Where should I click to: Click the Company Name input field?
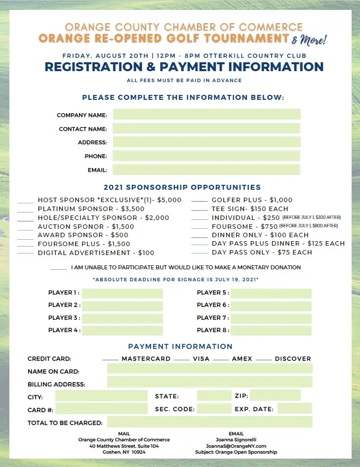[x=206, y=115]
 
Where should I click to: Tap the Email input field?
[x=206, y=170]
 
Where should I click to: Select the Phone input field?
[x=206, y=156]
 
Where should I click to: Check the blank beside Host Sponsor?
[x=25, y=202]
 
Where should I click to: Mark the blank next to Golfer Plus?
[x=199, y=202]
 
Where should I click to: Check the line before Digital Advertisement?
[x=25, y=254]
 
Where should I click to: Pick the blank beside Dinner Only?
[x=199, y=237]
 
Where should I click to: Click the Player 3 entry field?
[x=122, y=318]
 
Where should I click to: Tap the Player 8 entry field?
[x=271, y=330]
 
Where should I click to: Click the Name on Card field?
[x=209, y=369]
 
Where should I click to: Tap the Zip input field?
[x=275, y=395]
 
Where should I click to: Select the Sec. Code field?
[x=214, y=409]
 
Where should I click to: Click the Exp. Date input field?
[x=294, y=409]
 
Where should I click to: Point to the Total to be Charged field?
[x=209, y=422]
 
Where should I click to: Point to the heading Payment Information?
[x=180, y=346]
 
